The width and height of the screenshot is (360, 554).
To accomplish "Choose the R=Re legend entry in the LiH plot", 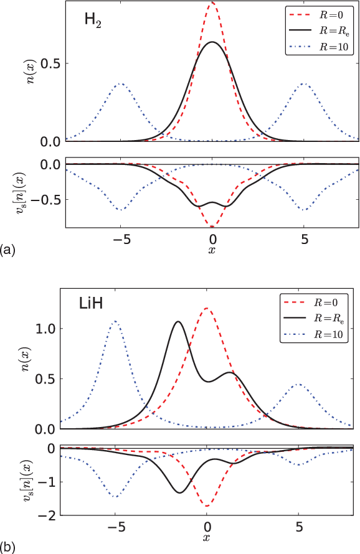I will click(x=321, y=318).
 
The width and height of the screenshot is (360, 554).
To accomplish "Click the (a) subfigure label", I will click(x=8, y=250).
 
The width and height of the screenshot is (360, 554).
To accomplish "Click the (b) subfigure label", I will click(x=8, y=548).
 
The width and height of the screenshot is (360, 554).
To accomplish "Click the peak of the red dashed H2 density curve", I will click(x=212, y=2).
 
